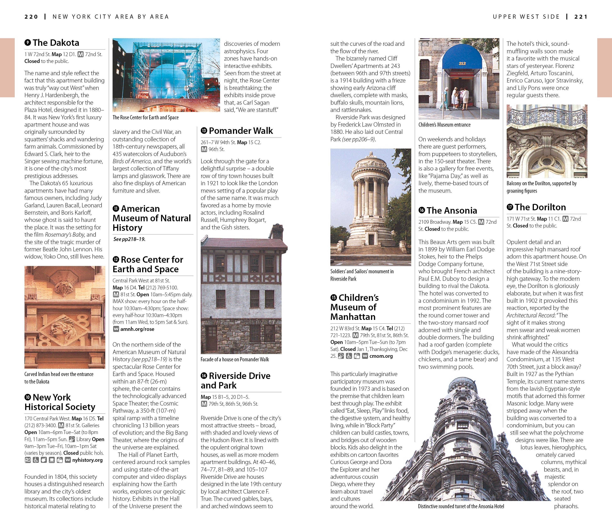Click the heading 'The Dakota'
point(56,43)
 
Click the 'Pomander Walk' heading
point(241,131)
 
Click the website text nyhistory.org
point(87,460)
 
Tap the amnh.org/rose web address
point(137,329)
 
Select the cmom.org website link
point(381,356)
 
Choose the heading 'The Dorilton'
point(540,207)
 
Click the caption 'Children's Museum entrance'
point(444,125)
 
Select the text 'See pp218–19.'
point(129,239)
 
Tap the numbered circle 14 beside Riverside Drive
point(204,376)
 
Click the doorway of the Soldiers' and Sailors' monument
point(371,239)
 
